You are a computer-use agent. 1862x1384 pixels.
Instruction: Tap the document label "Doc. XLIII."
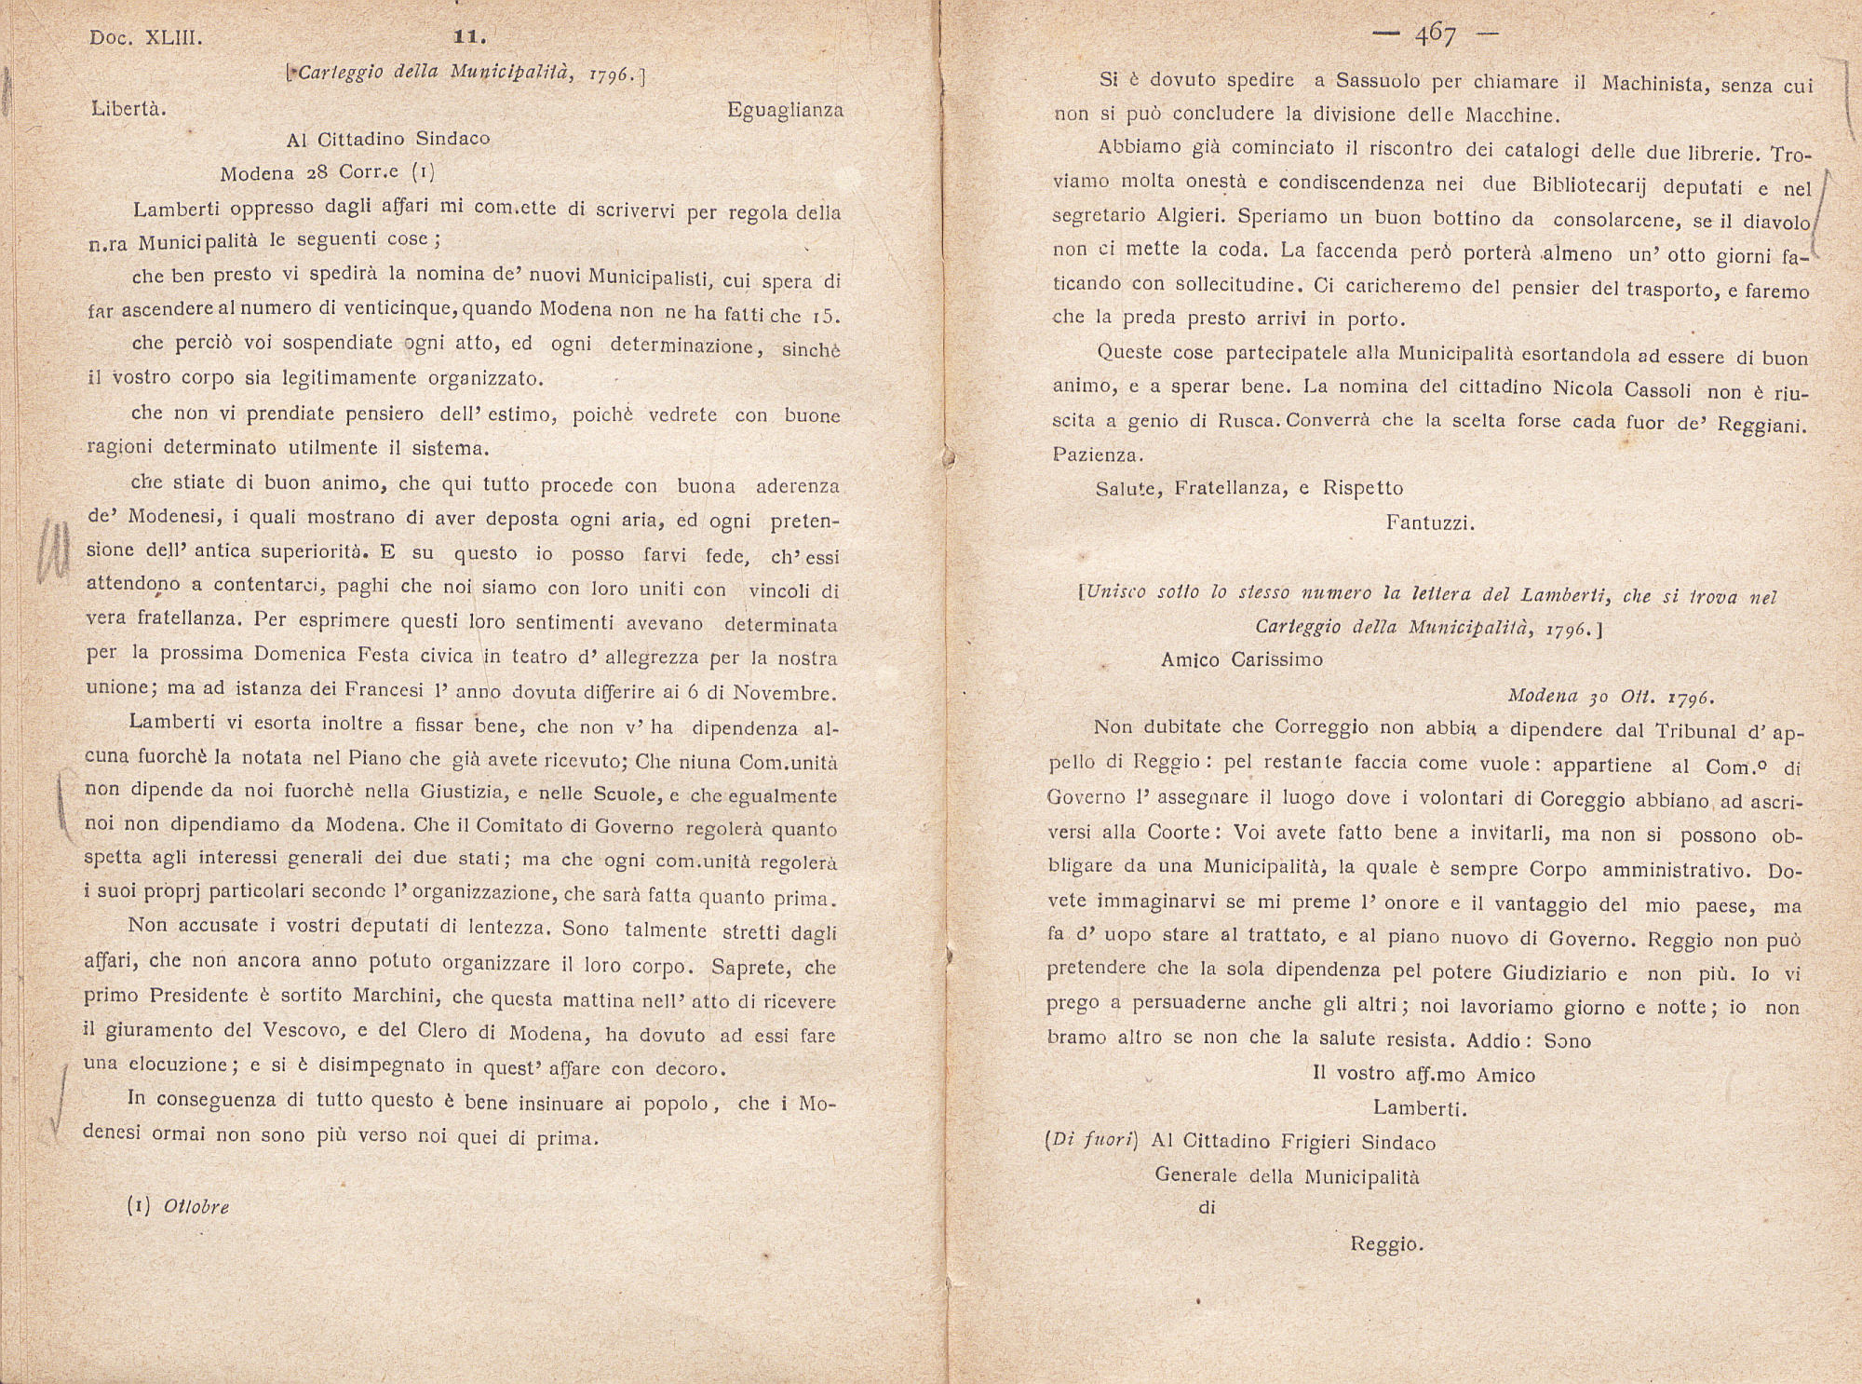tap(146, 39)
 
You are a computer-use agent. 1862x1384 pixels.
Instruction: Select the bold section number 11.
tap(469, 38)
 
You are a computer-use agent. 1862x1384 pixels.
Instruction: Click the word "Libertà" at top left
tap(129, 108)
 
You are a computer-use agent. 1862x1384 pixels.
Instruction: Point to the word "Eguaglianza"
tap(785, 110)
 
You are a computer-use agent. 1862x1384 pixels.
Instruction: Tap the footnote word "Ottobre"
tap(196, 1206)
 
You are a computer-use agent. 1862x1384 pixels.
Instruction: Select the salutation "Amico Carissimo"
tap(1241, 659)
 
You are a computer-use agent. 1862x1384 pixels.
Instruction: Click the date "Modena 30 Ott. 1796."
tap(1611, 695)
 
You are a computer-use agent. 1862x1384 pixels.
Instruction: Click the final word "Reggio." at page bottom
tap(1386, 1244)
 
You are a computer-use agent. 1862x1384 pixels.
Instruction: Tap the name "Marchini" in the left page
tap(399, 996)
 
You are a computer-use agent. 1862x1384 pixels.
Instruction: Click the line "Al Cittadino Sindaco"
tap(388, 140)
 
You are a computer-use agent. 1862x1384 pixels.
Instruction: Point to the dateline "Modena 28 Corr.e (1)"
tap(327, 173)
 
